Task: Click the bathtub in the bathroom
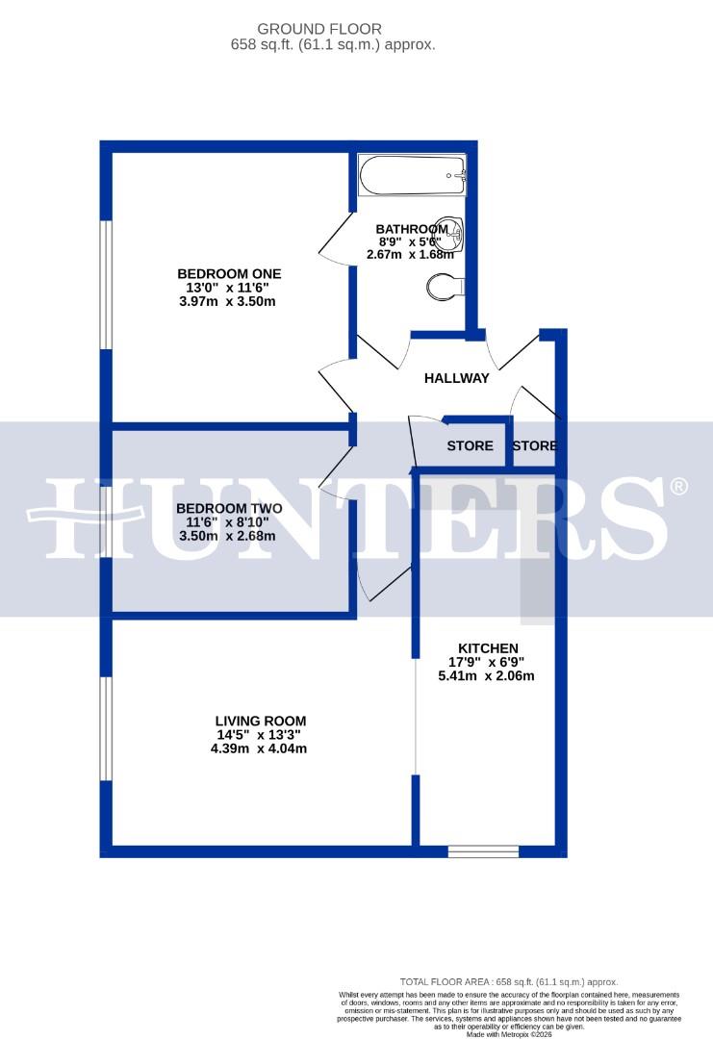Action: pos(413,176)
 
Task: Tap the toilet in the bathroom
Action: pos(446,286)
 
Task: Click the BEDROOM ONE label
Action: pos(228,273)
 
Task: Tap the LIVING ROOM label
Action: pos(260,721)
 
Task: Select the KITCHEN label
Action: pos(488,647)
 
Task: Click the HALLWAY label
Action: pos(456,378)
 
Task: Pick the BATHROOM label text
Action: pos(413,229)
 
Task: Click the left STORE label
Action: pos(470,445)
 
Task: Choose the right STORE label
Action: pos(534,445)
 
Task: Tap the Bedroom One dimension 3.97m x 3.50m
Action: pos(228,301)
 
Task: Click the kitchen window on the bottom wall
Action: pos(483,850)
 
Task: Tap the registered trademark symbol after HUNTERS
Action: pos(679,486)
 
